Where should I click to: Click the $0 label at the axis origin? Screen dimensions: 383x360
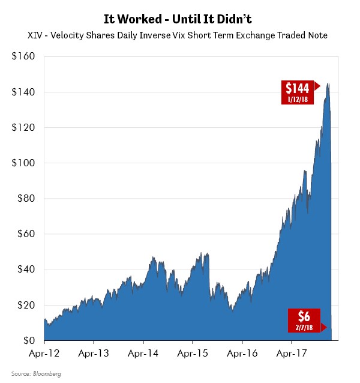(x=28, y=340)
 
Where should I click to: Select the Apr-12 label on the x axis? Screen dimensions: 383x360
(x=44, y=354)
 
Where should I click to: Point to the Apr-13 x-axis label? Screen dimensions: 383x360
(x=94, y=354)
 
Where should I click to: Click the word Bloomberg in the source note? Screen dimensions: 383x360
(x=48, y=374)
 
